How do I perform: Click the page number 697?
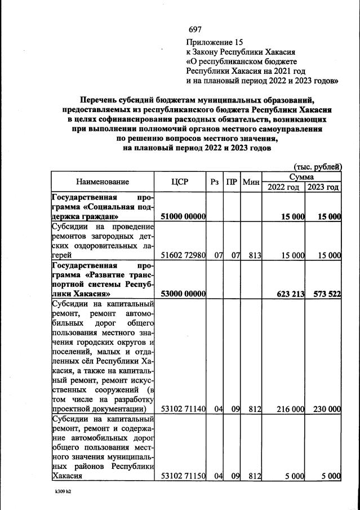click(x=195, y=29)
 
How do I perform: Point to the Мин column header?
click(x=251, y=181)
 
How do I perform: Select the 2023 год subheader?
click(x=323, y=187)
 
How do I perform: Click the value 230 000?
click(x=325, y=409)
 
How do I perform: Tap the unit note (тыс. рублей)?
click(x=318, y=166)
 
